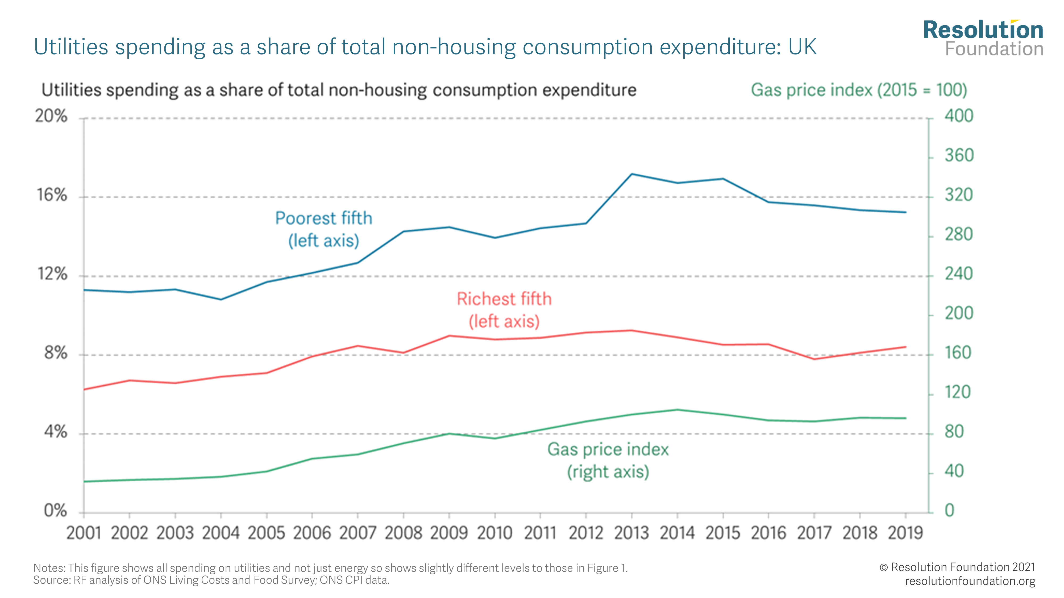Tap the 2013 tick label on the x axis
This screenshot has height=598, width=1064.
[x=631, y=533]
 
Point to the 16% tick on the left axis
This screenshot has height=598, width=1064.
[x=52, y=195]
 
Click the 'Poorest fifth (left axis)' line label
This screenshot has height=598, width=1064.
[x=324, y=229]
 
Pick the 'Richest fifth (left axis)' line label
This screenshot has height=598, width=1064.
[x=504, y=310]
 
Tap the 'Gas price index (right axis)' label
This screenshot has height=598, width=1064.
[x=608, y=460]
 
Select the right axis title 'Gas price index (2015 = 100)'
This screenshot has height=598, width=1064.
[x=859, y=90]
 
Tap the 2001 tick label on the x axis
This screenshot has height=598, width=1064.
[x=84, y=533]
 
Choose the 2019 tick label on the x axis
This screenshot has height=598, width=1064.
[x=905, y=533]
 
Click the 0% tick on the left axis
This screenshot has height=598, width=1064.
[x=55, y=511]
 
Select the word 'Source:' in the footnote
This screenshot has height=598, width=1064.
[x=52, y=580]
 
